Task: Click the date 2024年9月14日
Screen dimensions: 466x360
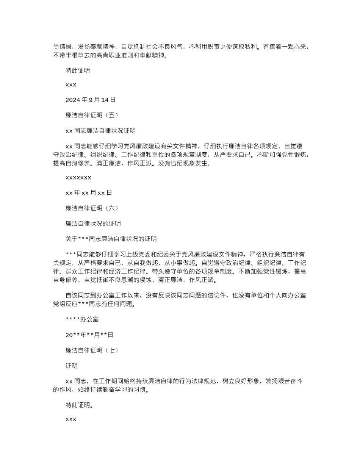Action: [x=90, y=100]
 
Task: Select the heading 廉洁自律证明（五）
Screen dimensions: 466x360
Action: [x=92, y=115]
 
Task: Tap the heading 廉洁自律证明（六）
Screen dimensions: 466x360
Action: [x=92, y=208]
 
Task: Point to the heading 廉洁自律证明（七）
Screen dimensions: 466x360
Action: [x=92, y=350]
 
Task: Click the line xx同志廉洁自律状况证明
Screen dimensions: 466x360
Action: [x=100, y=131]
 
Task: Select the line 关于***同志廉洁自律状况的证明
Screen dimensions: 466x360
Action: [x=111, y=239]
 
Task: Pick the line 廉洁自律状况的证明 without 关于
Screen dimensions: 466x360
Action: [x=93, y=224]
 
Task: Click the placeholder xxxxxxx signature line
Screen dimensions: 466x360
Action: [x=78, y=177]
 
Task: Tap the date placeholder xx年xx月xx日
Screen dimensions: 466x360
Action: [x=89, y=193]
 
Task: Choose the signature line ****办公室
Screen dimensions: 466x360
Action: [x=82, y=319]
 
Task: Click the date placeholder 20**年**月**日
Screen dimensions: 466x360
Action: [x=89, y=335]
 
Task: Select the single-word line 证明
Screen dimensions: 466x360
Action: [x=72, y=366]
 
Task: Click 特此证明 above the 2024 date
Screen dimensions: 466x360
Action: [x=78, y=70]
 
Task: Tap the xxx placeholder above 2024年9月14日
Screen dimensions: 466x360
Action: [x=71, y=85]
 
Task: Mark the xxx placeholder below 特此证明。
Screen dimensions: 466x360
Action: [x=71, y=419]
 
